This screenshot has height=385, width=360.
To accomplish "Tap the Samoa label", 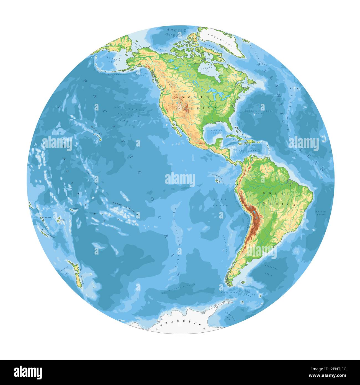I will [x=74, y=208].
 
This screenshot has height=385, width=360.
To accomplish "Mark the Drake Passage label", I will [x=230, y=292].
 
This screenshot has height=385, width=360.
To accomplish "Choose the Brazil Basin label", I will [x=320, y=213].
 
